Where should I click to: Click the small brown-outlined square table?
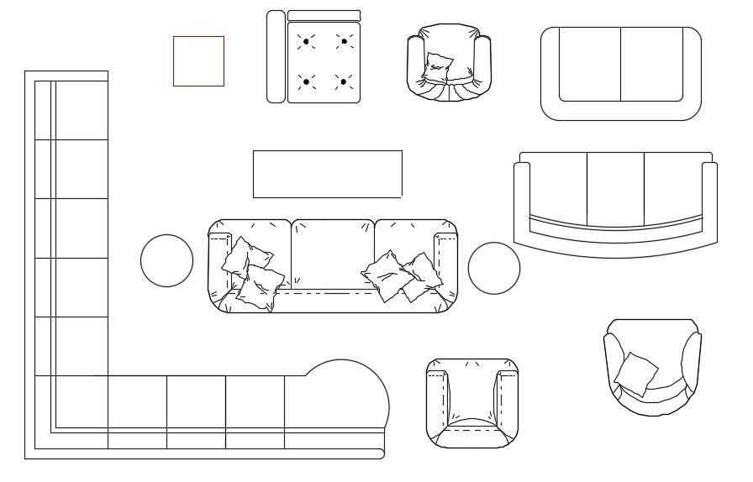(x=198, y=60)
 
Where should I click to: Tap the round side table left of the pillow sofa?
(x=166, y=260)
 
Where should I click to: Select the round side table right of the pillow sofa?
(x=493, y=269)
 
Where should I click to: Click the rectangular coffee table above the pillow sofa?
(x=327, y=174)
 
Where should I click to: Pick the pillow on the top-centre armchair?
(x=439, y=65)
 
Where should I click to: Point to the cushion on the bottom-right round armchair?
(x=636, y=374)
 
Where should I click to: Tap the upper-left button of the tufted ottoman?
(x=306, y=40)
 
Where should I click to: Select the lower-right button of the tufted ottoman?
(x=343, y=81)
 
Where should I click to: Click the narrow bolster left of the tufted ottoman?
(x=276, y=56)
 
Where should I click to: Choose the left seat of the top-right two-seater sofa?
(x=590, y=64)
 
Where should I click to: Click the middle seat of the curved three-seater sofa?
(x=615, y=189)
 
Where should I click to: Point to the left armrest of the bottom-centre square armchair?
(x=438, y=399)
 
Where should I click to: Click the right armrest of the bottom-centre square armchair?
(x=507, y=399)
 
